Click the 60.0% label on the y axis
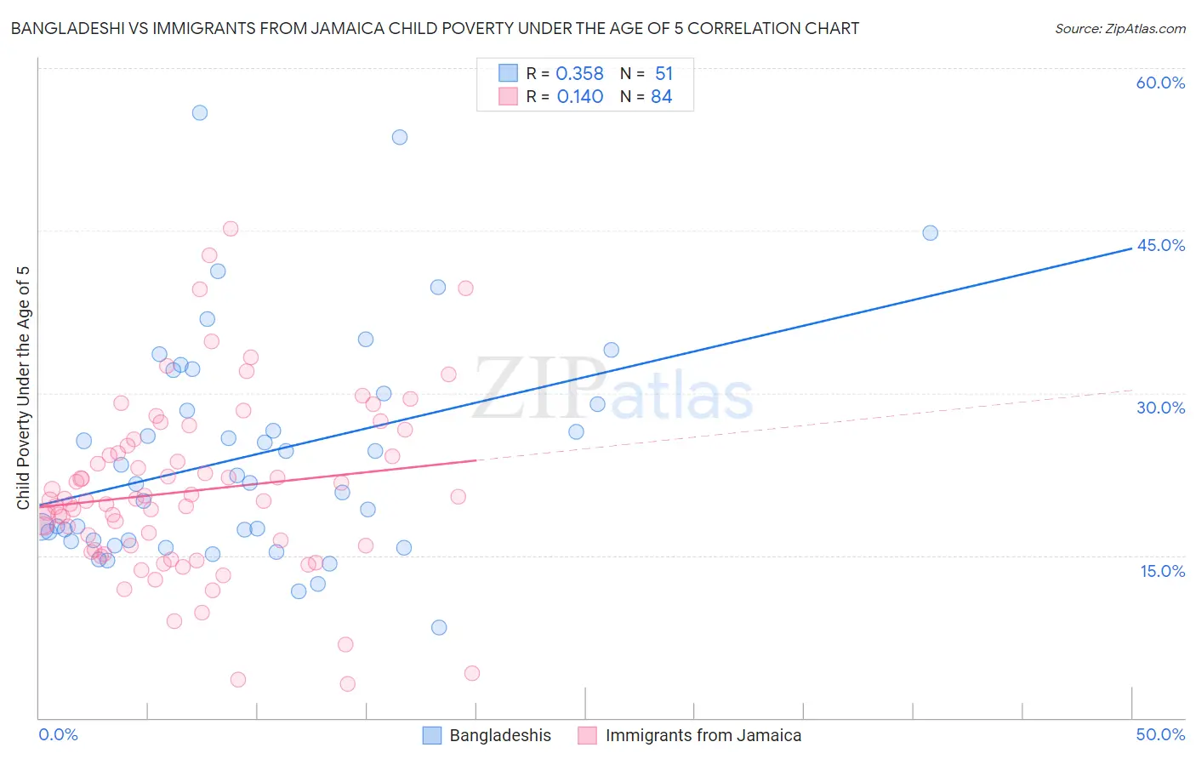(1160, 83)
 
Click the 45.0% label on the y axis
(1160, 245)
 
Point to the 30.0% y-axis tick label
(1160, 408)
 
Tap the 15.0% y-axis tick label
(1162, 571)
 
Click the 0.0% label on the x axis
(58, 734)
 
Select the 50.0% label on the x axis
(1160, 734)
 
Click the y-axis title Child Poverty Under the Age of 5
(24, 388)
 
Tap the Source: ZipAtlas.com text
(1119, 28)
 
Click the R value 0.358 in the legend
(579, 74)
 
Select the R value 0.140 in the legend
(579, 97)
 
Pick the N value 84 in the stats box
(661, 97)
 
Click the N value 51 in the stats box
(663, 74)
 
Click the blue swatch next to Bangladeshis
(432, 735)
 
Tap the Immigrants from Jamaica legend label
(703, 735)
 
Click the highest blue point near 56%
(200, 112)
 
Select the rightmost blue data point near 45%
(930, 232)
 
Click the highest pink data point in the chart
(231, 228)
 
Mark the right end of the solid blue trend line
(1131, 248)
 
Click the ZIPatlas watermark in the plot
(612, 390)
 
